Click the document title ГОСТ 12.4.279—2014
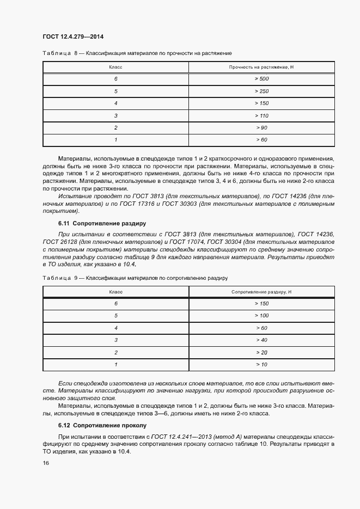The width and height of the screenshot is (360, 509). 73,36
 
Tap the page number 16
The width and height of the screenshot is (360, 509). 46,463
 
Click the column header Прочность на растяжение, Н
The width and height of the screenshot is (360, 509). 261,67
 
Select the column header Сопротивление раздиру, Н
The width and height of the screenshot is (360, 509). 261,292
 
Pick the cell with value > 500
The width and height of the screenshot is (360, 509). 261,79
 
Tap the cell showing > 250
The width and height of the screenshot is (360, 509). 261,91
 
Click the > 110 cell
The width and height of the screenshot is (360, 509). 261,115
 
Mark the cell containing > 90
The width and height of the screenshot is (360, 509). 261,128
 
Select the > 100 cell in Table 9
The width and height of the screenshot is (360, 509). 261,316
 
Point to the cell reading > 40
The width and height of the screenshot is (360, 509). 261,340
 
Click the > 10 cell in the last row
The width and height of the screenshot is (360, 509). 261,365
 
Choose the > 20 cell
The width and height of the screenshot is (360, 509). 261,353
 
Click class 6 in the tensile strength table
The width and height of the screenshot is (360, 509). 116,79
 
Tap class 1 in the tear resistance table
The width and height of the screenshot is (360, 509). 116,365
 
